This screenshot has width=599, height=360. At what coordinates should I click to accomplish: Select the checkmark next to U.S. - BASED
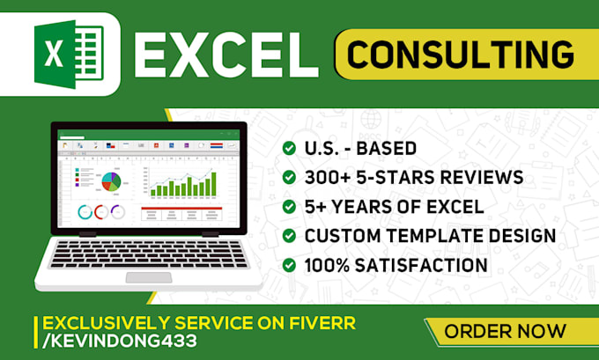click(289, 149)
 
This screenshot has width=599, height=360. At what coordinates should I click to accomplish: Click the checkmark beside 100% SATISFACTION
click(289, 265)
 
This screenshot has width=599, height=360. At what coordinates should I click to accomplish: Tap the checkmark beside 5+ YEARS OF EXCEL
click(289, 207)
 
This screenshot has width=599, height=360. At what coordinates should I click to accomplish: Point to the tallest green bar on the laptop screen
click(212, 183)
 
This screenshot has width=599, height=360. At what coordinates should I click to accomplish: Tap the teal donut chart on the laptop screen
click(86, 212)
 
